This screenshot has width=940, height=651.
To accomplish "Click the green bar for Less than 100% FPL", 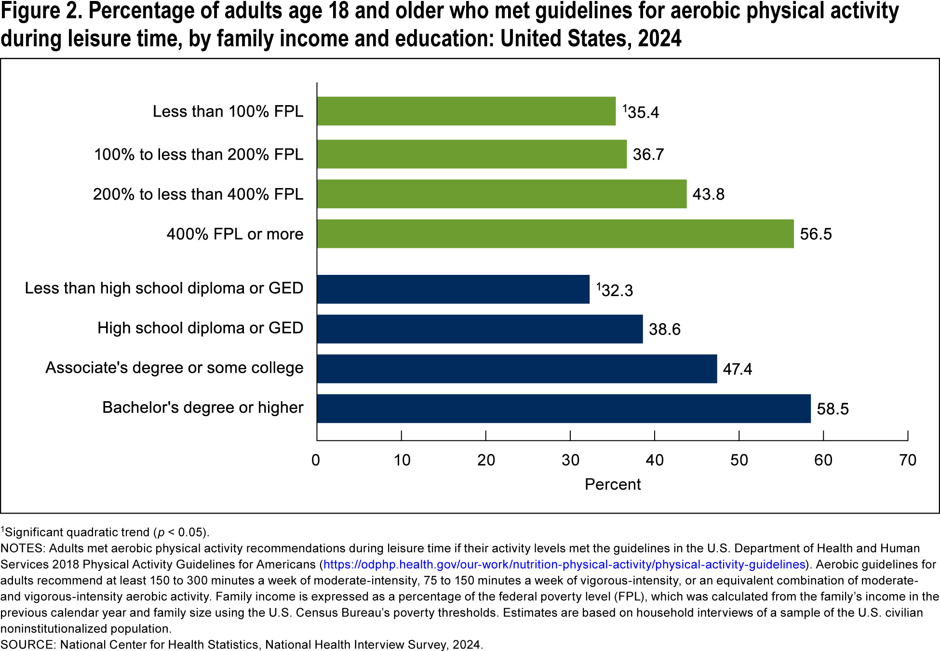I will click(466, 111).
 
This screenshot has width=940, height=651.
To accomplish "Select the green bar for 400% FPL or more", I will click(555, 234).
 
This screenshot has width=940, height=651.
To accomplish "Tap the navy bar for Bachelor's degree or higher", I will click(564, 408).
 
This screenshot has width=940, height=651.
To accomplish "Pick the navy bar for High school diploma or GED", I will click(480, 329).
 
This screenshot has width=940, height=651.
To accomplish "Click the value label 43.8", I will click(708, 194).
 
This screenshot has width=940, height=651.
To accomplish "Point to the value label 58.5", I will click(833, 409).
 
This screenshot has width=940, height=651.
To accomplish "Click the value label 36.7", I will click(648, 155).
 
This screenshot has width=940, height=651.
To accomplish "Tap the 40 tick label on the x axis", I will click(655, 460).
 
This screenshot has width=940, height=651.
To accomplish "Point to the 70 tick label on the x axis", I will click(907, 460).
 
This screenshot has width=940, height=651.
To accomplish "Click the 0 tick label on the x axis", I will click(316, 460).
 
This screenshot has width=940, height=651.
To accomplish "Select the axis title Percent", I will click(612, 484).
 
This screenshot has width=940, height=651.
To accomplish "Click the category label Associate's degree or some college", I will click(175, 368).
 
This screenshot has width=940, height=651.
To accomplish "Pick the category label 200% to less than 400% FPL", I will click(198, 194).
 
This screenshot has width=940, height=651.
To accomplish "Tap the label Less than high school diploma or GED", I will click(164, 288).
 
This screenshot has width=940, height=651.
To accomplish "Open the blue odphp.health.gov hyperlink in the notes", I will click(564, 565).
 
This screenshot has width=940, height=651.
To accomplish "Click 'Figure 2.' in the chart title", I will click(41, 12).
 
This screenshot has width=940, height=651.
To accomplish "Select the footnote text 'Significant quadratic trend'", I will click(77, 532).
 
